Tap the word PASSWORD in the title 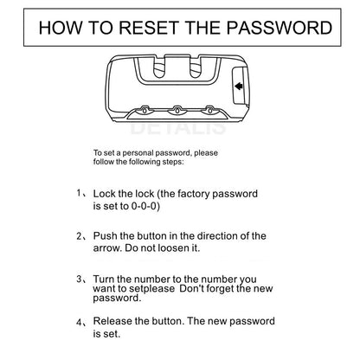pos(280,28)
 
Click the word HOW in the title pos(61,28)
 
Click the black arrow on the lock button pos(239,86)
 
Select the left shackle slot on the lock pos(158,68)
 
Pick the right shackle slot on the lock pos(196,68)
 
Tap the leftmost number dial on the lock pos(145,110)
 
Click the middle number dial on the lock pos(177,110)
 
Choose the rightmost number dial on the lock pos(209,110)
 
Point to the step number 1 pos(79,193)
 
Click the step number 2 pos(80,236)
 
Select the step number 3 pos(80,279)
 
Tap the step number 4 pos(80,322)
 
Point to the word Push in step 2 pos(105,235)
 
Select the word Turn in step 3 pos(104,279)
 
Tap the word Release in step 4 pos(112,321)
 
